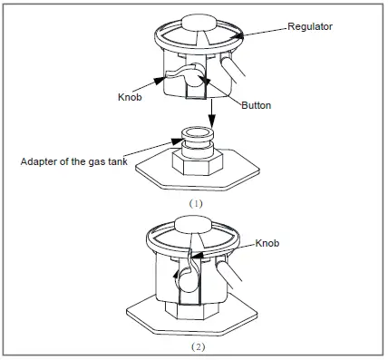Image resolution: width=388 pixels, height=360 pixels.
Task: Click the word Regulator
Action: pyautogui.click(x=310, y=26)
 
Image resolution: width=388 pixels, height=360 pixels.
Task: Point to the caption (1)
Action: pyautogui.click(x=196, y=204)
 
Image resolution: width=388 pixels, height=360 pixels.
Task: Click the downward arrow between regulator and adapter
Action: pyautogui.click(x=211, y=113)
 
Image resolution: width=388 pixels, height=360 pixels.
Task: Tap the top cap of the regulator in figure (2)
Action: pyautogui.click(x=197, y=225)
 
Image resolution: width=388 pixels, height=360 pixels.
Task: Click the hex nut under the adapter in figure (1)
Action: pyautogui.click(x=197, y=164)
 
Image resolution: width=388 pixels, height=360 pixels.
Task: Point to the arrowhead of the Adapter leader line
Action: pyautogui.click(x=177, y=141)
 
